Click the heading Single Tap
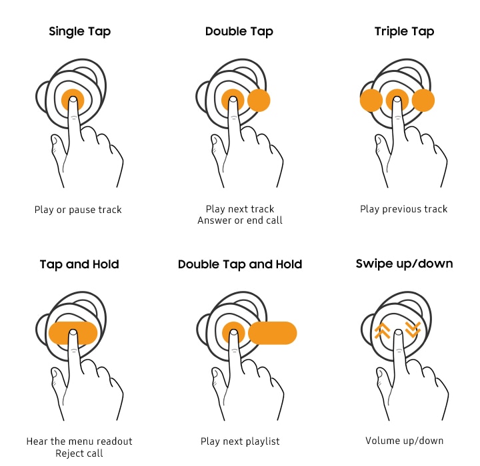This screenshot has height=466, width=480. pos(79,32)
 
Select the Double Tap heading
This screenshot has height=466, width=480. pos(239,32)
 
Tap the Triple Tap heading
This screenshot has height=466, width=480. pos(404,32)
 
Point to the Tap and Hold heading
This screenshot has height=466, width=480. pos(79,264)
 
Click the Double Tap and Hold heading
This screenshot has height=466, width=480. pos(240,264)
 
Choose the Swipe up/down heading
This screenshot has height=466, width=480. pos(404,264)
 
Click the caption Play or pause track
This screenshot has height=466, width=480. pos(78,210)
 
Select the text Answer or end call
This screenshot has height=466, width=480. pos(240,220)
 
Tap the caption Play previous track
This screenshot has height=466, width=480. pos(404,210)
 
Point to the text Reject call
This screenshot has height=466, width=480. pos(79,453)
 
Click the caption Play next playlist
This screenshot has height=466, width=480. pos(240,441)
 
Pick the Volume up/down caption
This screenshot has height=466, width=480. pos(405,441)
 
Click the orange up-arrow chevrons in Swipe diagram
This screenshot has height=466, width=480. pos(382,330)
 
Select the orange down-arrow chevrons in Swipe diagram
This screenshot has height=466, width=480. pos(413,329)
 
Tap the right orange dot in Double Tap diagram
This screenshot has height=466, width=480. pos(259,101)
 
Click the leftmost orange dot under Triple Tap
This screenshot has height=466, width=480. pos(371,101)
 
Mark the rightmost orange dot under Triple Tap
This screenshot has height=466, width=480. pos(423,101)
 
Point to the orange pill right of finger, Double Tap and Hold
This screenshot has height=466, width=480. pos(273,333)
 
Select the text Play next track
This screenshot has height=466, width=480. pos(240,209)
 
